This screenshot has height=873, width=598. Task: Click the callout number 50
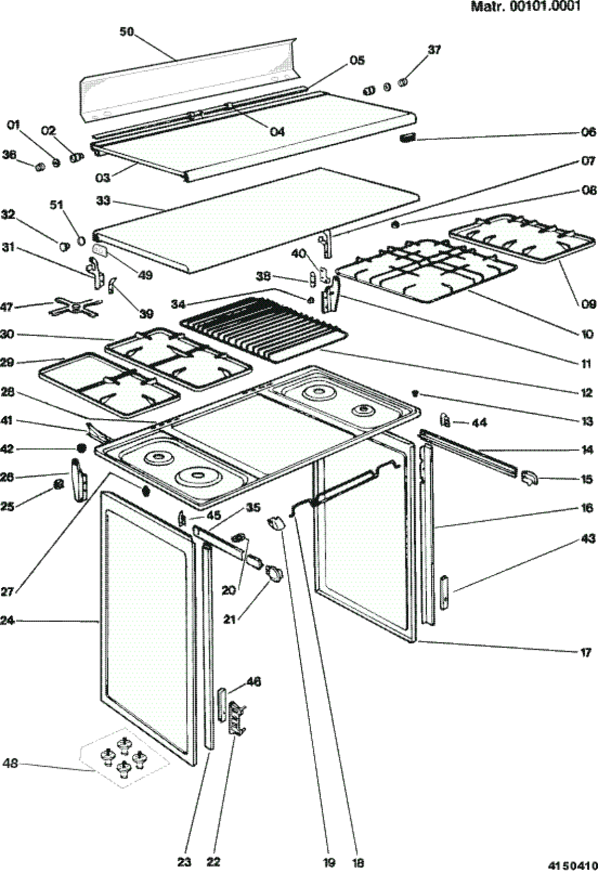pos(126,32)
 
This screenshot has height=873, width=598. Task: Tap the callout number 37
pos(434,49)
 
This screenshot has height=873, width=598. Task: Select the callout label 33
pos(103,201)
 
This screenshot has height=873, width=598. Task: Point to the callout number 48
pos(10,763)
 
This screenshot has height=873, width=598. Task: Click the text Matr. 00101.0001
pos(525,7)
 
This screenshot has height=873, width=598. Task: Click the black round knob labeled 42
pos(81,449)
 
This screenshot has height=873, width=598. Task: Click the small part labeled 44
pos(445,420)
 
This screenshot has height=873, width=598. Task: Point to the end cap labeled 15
pos(528,478)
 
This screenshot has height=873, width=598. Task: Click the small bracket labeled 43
pos(445,593)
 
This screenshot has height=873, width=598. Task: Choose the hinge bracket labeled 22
pos(237,718)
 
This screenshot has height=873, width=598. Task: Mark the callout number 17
pos(585,652)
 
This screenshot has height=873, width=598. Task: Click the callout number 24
pos(8,620)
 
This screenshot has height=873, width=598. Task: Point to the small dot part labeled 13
pos(416,394)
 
